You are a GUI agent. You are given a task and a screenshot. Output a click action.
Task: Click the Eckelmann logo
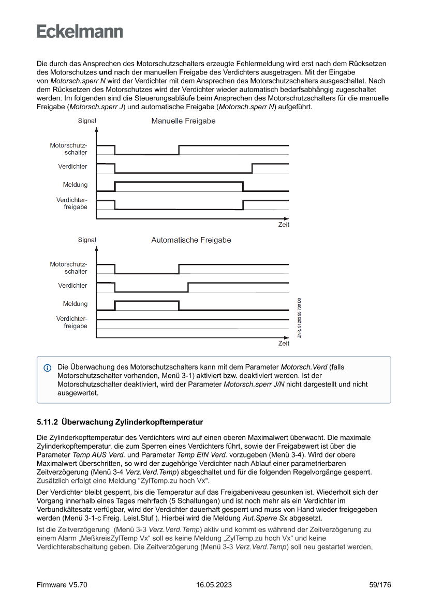(80, 32)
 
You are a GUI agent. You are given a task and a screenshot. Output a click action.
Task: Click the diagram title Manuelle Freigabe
(183, 121)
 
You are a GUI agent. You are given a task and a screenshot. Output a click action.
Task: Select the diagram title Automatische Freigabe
(191, 240)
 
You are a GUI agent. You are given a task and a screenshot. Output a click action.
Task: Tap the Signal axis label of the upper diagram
(87, 121)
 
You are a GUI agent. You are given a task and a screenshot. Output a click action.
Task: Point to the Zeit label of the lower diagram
(284, 344)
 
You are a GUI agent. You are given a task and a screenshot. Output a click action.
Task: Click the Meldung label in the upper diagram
(75, 185)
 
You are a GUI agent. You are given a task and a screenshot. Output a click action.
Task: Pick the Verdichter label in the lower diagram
(72, 286)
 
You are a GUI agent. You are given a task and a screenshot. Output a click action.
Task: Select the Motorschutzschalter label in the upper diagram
(68, 149)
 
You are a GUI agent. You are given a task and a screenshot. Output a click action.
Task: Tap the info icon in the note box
(48, 367)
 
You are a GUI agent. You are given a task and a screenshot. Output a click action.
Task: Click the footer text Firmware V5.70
(62, 585)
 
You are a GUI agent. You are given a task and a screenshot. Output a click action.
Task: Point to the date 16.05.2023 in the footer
(214, 585)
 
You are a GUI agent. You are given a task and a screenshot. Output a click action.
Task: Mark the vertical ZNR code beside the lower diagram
(300, 318)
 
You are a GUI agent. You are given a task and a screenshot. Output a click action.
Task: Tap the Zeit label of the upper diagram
(284, 225)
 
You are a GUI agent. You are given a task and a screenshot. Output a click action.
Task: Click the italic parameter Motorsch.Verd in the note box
(305, 367)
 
